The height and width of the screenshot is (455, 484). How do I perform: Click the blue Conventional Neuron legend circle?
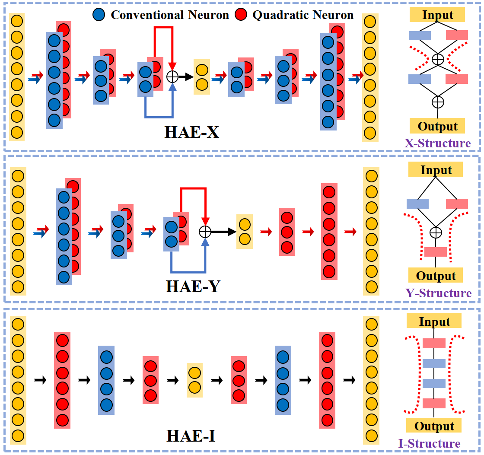99,15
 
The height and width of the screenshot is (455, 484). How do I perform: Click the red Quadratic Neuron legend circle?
241,15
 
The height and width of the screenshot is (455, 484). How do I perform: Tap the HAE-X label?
192,132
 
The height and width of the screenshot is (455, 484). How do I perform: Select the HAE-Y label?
193,286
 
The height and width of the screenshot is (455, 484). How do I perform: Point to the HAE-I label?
191,436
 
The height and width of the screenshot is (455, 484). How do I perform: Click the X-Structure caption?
438,143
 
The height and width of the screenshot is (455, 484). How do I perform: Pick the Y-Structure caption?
438,293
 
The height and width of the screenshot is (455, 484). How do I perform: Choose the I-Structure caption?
429,444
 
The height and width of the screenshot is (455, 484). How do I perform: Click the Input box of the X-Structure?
437,15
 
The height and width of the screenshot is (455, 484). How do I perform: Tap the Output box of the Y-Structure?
435,275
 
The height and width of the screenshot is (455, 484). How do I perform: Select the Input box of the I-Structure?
434,321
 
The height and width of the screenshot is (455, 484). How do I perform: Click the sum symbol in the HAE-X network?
172,77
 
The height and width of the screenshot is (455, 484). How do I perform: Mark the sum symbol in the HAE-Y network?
205,232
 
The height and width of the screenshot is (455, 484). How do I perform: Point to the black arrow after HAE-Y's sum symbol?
223,232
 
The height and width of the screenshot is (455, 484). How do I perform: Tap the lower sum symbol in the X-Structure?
438,102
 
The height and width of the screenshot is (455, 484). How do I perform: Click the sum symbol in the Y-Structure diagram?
436,232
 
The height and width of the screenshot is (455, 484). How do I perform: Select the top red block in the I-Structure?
434,343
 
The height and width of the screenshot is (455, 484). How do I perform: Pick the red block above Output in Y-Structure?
435,252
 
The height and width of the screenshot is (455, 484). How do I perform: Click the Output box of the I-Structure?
434,426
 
